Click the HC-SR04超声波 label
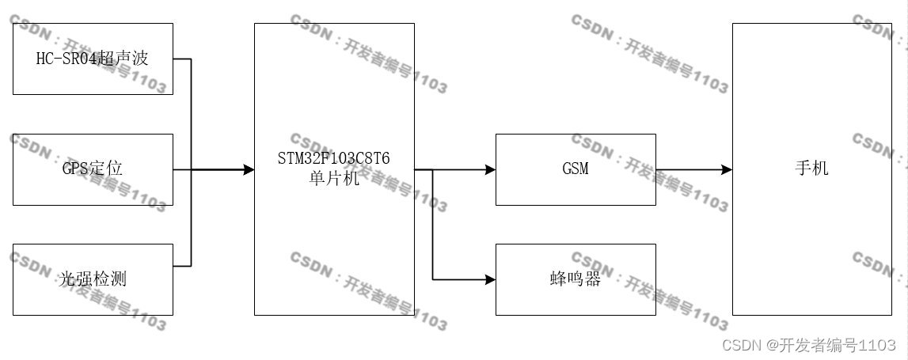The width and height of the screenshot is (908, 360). pos(93,59)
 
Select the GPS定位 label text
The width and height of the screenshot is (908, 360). pos(93,169)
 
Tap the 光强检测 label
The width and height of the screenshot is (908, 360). pos(93,279)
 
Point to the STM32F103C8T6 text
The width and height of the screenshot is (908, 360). pos(333,159)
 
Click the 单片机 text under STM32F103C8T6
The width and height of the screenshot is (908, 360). pos(333,178)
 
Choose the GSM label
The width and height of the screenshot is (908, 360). pos(575,169)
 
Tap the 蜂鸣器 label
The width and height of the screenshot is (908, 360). pos(575,279)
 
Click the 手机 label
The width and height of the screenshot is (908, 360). pos(811,169)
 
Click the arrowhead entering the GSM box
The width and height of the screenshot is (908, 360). pos(490,169)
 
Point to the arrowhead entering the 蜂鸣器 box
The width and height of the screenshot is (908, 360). pos(490,279)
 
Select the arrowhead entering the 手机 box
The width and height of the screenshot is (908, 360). pos(726,169)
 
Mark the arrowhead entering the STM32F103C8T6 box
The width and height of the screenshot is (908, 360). pos(249,169)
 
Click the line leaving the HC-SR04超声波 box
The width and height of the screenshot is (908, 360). pos(182,59)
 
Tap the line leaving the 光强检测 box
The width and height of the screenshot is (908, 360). pos(182,264)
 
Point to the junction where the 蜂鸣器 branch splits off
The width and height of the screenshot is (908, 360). pos(433,169)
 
